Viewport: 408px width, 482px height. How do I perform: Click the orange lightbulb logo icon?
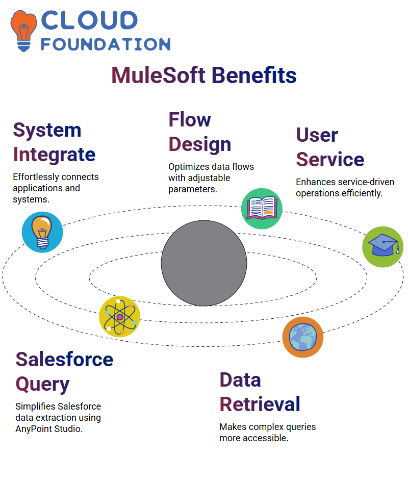tap(23, 31)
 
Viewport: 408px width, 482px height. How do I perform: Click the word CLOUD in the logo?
tap(89, 20)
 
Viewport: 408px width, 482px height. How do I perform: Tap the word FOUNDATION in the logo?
tap(106, 44)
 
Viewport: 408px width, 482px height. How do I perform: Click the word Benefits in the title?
tap(254, 75)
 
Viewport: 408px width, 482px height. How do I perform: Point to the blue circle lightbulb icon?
tap(42, 232)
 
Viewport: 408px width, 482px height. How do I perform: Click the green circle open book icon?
tap(262, 209)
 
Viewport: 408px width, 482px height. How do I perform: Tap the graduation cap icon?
tap(383, 247)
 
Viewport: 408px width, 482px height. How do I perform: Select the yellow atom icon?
tap(120, 317)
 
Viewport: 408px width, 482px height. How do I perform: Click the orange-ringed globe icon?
tap(303, 337)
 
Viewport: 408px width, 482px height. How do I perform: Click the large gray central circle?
tap(204, 263)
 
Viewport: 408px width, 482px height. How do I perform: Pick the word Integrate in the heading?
tap(54, 155)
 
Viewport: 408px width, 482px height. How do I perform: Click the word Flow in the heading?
tap(190, 119)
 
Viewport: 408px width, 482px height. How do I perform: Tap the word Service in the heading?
tap(330, 159)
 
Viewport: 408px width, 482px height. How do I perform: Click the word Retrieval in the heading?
tap(260, 404)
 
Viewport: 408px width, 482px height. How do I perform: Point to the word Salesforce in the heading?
tap(65, 360)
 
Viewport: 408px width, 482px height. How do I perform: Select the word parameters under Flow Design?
tap(193, 189)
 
